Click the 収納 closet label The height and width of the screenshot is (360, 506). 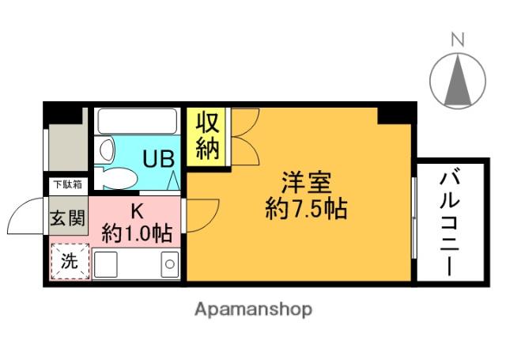pyautogui.click(x=208, y=136)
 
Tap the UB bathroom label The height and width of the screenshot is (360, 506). pyautogui.click(x=159, y=158)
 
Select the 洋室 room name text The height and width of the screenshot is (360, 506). pyautogui.click(x=306, y=183)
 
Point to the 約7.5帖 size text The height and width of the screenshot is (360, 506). pyautogui.click(x=306, y=209)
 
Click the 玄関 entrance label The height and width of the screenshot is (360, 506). pyautogui.click(x=68, y=218)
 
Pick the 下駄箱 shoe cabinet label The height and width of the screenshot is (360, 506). pyautogui.click(x=68, y=184)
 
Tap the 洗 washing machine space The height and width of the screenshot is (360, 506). pyautogui.click(x=70, y=261)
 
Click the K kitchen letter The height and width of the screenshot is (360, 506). pyautogui.click(x=137, y=211)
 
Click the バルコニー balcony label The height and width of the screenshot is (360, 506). pyautogui.click(x=450, y=224)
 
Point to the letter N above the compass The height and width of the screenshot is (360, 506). pyautogui.click(x=458, y=40)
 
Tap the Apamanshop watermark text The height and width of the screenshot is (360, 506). pyautogui.click(x=253, y=310)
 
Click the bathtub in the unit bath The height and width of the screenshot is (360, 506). pyautogui.click(x=138, y=121)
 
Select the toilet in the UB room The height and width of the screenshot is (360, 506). pyautogui.click(x=115, y=178)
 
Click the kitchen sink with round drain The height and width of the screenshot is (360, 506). pyautogui.click(x=170, y=263)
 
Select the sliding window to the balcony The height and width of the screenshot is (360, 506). pyautogui.click(x=414, y=218)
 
